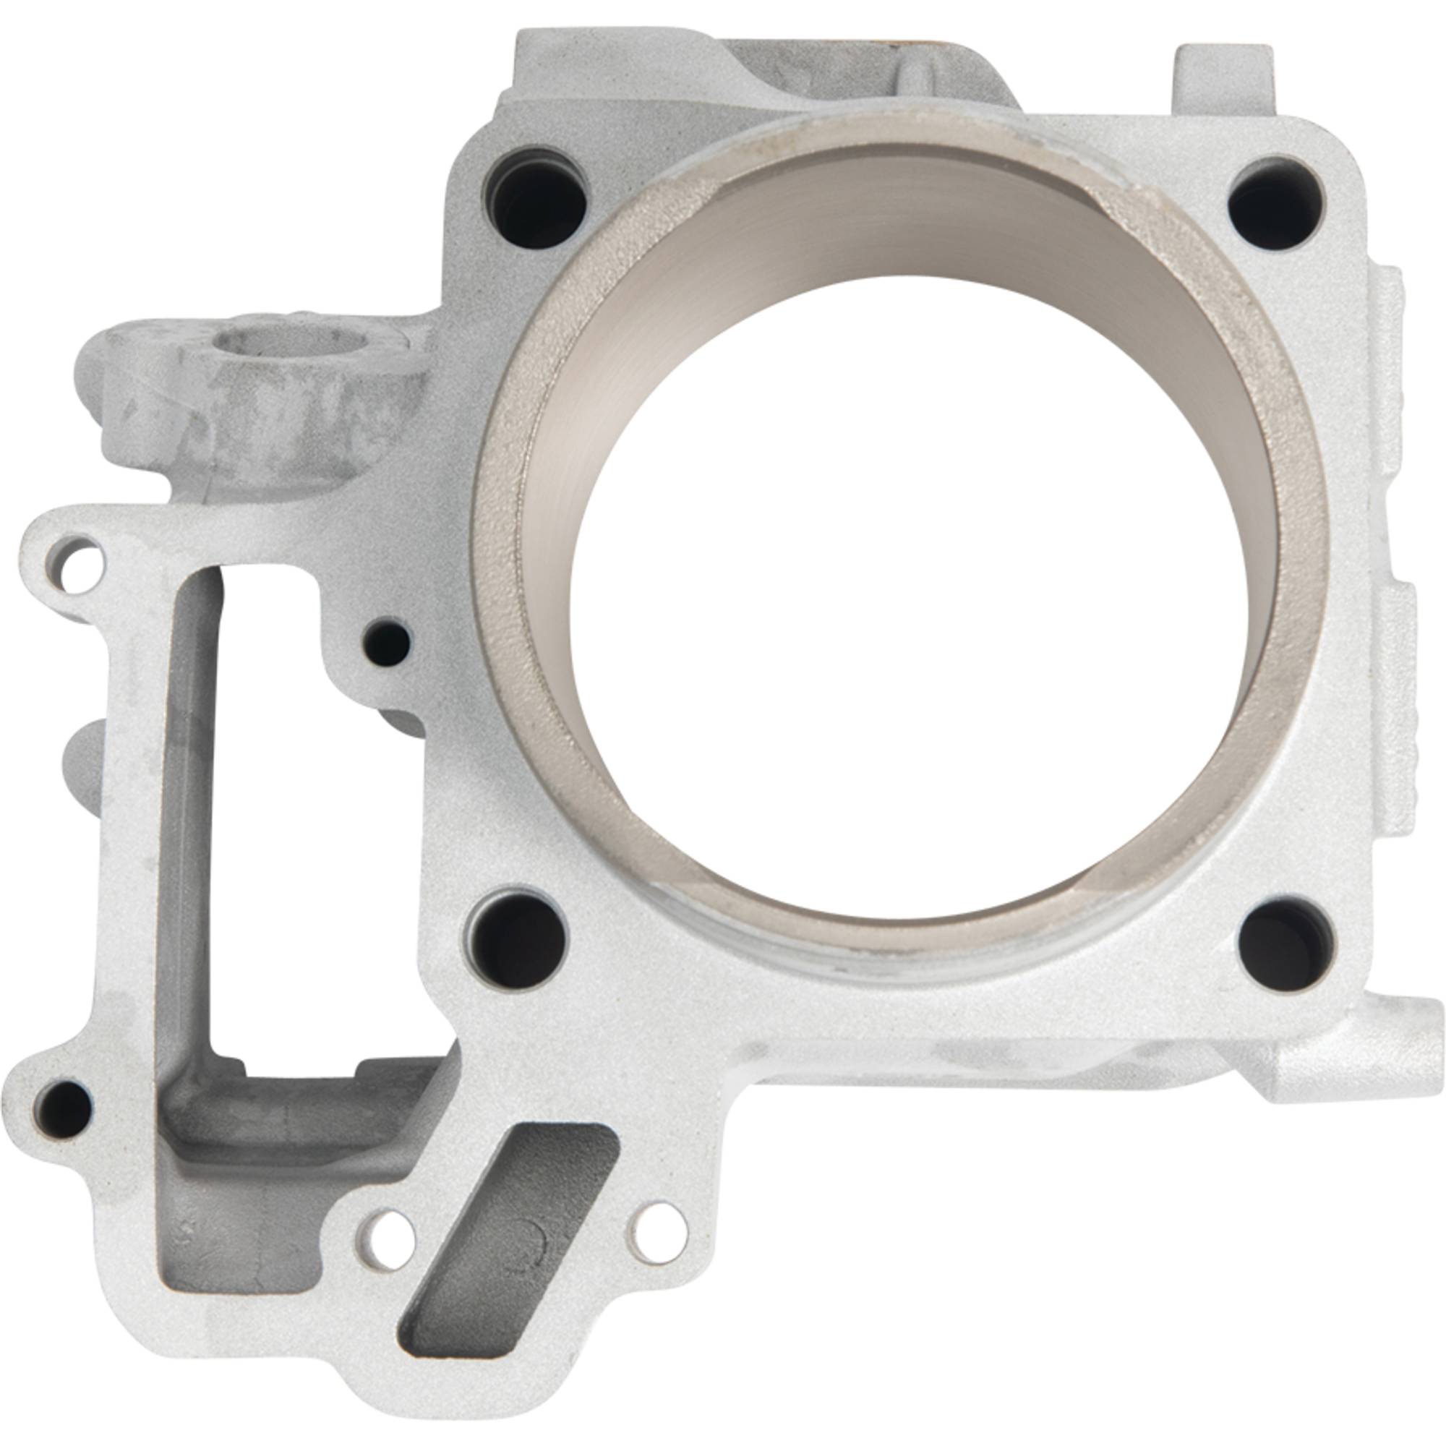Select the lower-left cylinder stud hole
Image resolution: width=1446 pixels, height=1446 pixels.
518,938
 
